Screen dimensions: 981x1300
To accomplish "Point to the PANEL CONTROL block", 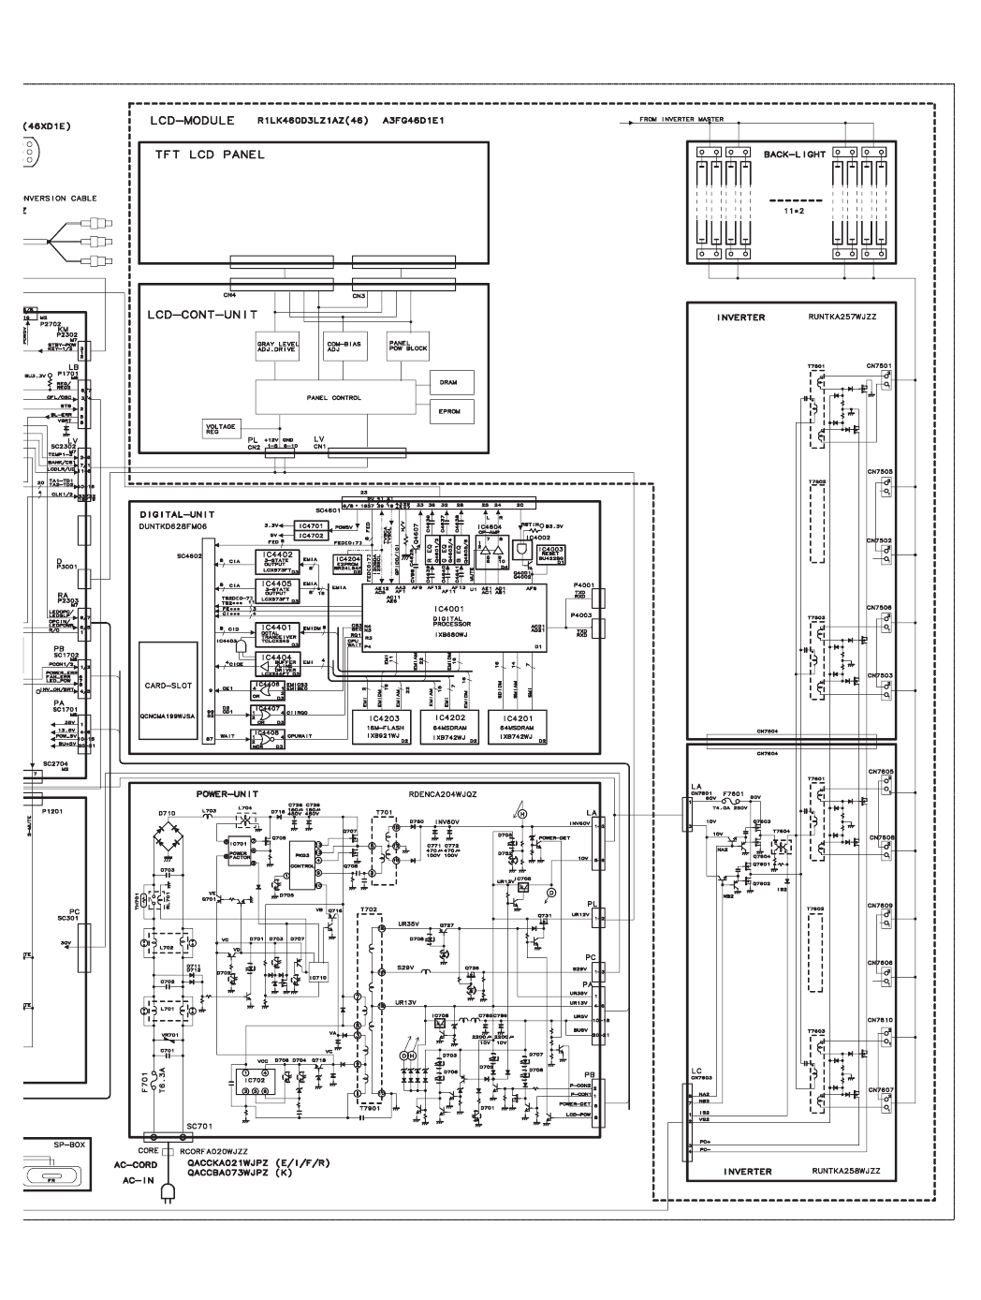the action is [x=333, y=398].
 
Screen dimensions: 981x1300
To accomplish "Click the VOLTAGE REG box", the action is [x=221, y=428].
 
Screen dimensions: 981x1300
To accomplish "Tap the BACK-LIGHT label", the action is [x=794, y=154].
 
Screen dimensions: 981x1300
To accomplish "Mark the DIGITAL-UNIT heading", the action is [x=178, y=514].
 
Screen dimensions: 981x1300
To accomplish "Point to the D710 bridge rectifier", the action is [x=168, y=832].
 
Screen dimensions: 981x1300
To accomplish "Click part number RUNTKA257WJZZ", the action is [x=841, y=318].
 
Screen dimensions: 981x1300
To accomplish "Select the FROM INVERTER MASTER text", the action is [x=681, y=120].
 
